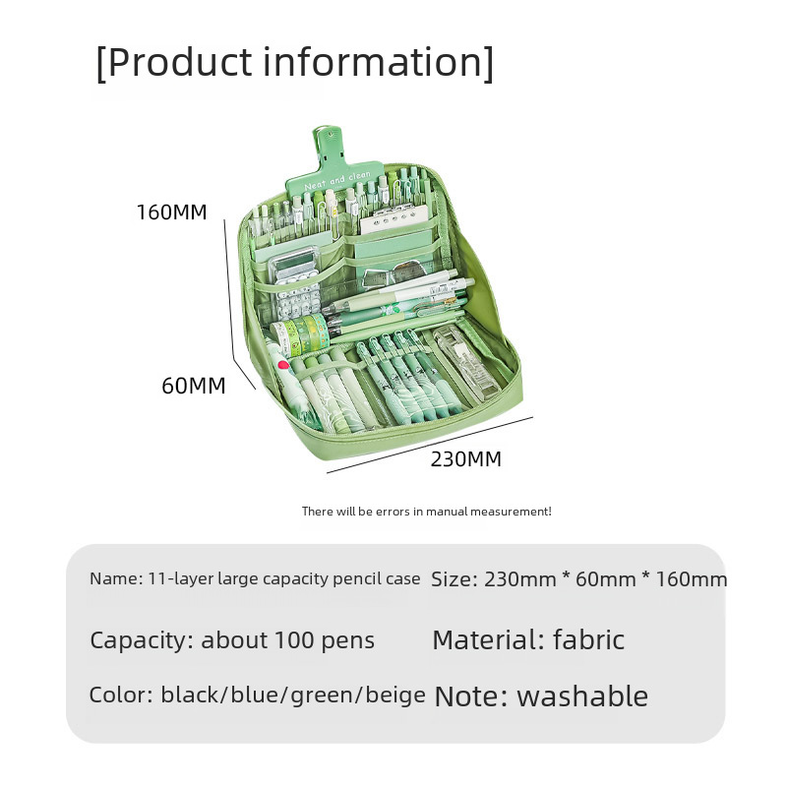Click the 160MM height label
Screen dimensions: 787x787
tap(172, 212)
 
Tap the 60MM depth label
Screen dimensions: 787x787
tap(193, 386)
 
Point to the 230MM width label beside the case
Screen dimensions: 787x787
tap(465, 458)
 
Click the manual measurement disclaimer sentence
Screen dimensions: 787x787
tap(426, 512)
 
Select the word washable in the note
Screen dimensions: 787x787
tap(582, 696)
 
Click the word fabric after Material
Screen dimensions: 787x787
tap(588, 640)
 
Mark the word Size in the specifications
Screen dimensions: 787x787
tap(454, 579)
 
